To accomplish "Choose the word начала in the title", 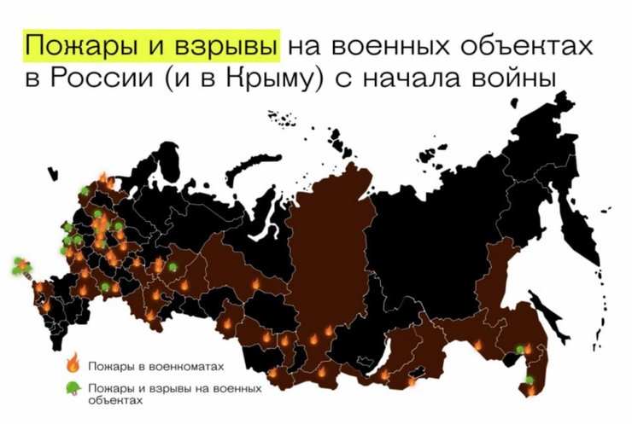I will click(418, 80).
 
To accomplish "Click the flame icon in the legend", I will click(74, 364).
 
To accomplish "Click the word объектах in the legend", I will click(119, 399).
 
